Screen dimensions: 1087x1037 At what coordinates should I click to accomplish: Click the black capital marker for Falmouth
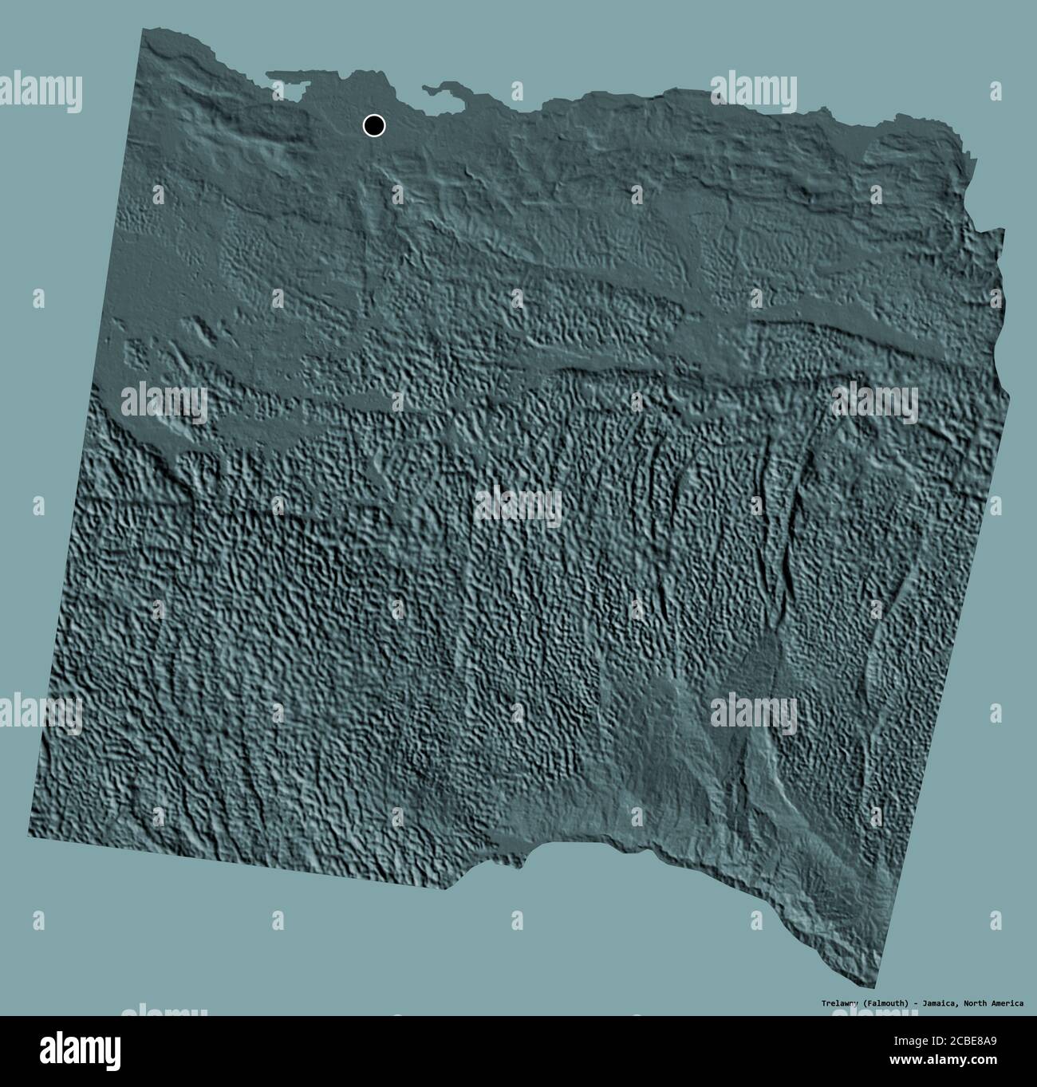click(x=373, y=125)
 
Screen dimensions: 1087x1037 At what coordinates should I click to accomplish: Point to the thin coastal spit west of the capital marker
click(x=291, y=77)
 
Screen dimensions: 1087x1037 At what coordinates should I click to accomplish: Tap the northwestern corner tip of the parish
click(x=144, y=30)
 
